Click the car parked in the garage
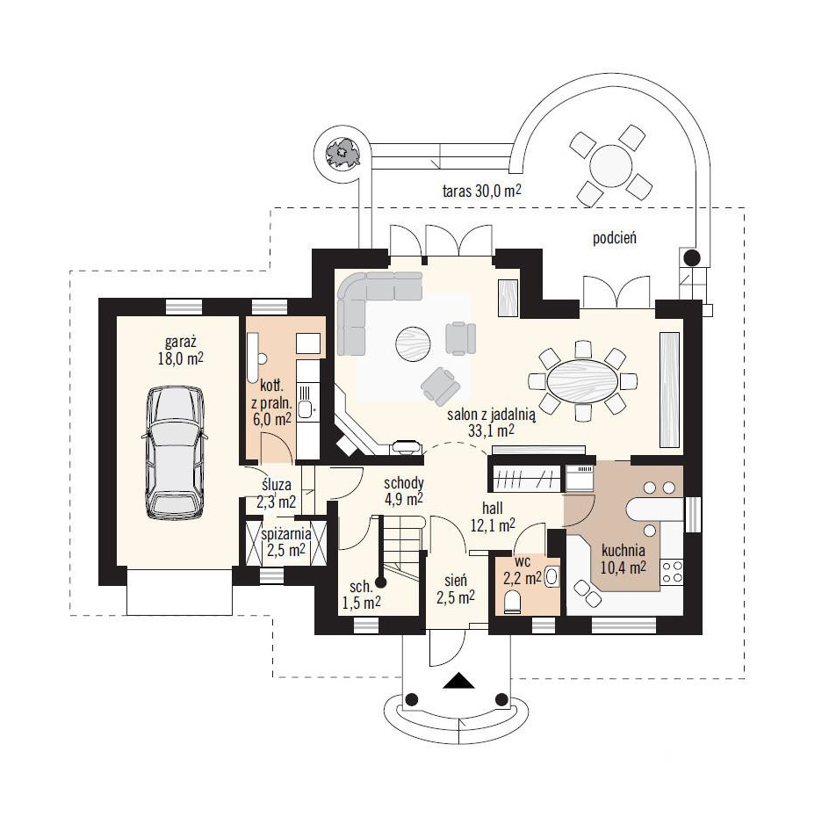[175, 453]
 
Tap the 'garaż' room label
[180, 343]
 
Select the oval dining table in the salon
[582, 380]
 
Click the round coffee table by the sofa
[413, 344]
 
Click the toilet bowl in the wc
[512, 603]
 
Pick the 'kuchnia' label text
[623, 550]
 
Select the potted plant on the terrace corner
[342, 154]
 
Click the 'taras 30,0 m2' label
[481, 191]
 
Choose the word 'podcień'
[615, 238]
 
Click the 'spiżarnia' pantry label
[286, 534]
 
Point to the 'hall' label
[492, 509]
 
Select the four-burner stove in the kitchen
[673, 572]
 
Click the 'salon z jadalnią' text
[492, 415]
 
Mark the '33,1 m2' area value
[491, 430]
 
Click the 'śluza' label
[277, 484]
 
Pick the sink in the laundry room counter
[305, 408]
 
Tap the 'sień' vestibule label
[455, 580]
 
